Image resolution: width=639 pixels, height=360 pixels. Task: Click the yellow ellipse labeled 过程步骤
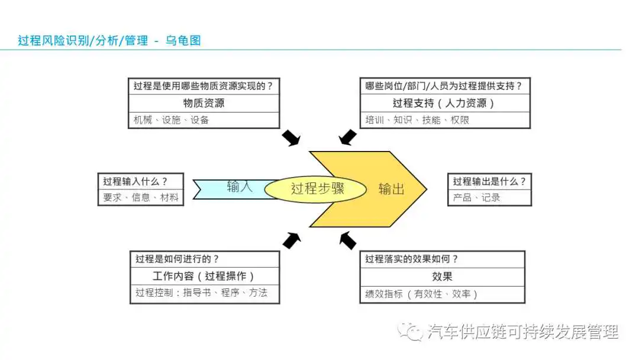pos(315,189)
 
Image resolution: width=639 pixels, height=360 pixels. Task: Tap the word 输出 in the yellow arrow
pos(391,189)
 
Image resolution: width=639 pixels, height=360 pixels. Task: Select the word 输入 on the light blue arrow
pos(240,187)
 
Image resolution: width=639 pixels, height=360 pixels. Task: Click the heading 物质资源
pos(204,103)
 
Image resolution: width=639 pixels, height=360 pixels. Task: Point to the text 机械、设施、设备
pos(171,120)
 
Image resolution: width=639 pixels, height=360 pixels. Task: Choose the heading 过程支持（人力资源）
pos(444,103)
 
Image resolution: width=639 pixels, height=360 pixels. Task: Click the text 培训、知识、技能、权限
pos(417,120)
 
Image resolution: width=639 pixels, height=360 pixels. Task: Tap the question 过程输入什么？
pos(135,181)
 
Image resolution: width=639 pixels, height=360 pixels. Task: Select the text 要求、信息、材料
pos(141,198)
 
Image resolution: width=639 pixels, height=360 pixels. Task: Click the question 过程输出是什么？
pos(489,181)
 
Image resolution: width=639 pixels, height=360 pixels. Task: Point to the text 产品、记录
pos(476,198)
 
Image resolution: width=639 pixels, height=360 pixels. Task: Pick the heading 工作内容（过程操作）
pos(204,276)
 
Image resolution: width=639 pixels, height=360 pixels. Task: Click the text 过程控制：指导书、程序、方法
pos(201,292)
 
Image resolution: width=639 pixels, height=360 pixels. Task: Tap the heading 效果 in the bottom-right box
pos(442,277)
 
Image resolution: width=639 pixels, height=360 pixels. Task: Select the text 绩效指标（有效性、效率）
pos(421,294)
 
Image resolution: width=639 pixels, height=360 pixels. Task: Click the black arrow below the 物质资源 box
pos(291,138)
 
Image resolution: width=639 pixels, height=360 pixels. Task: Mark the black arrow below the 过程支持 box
pos(348,137)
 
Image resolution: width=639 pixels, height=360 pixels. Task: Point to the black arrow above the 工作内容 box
pos(292,240)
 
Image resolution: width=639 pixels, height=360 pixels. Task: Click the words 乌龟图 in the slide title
pos(183,40)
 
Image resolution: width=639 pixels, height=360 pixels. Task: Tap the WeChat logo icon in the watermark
pos(410,332)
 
